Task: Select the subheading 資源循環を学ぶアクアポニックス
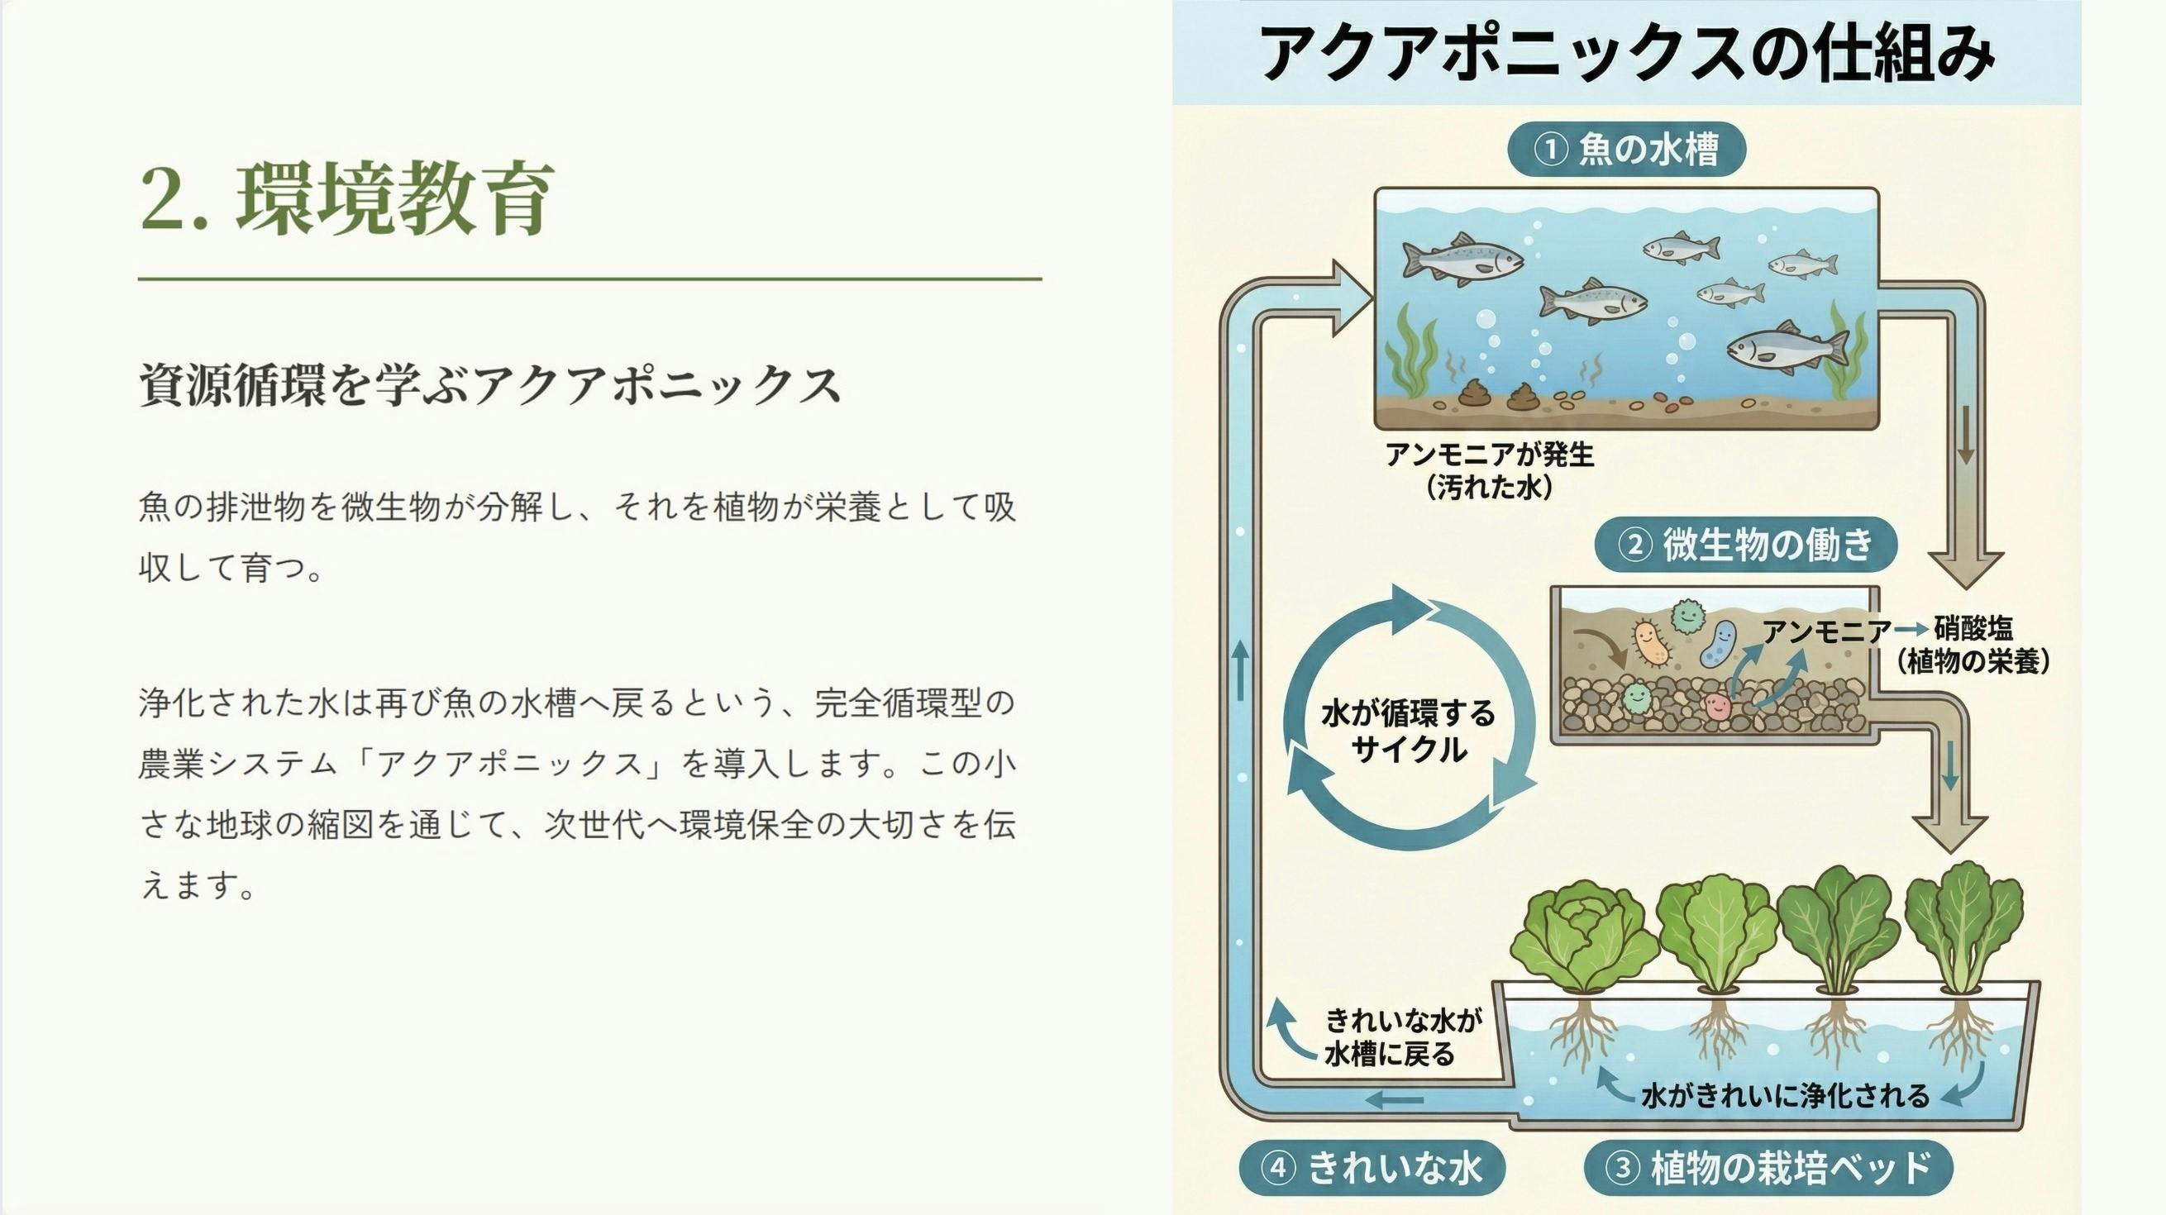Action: pos(489,385)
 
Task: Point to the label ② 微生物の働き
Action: pos(1746,545)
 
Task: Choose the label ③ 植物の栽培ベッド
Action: pos(1768,1167)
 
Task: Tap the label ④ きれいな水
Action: pos(1372,1167)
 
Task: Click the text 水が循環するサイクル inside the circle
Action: pos(1410,731)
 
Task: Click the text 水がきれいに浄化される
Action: pos(1785,1096)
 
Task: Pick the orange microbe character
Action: pos(1652,644)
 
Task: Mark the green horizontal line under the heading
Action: pos(590,278)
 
